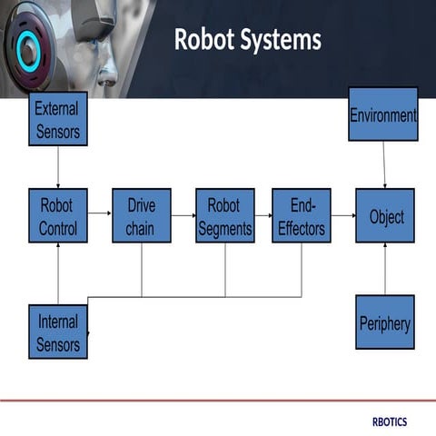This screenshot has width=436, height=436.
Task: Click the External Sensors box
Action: coord(58,119)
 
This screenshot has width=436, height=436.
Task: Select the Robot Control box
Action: coord(58,215)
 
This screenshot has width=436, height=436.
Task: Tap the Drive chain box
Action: coord(141,215)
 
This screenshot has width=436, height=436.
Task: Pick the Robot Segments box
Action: coord(224,215)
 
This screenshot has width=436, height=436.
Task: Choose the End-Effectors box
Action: coord(301,215)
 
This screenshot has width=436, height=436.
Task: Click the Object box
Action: coord(385,215)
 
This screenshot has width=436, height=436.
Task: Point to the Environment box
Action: coord(382,114)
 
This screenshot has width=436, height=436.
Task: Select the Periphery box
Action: coord(385,322)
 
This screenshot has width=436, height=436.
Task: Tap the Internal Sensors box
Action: coord(58,332)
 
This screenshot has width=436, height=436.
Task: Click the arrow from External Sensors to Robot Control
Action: coord(58,167)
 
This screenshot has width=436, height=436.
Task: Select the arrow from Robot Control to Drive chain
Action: coord(100,216)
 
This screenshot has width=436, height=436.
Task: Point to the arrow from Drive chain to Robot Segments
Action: coord(183,216)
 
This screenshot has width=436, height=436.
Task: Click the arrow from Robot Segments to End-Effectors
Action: coord(263,216)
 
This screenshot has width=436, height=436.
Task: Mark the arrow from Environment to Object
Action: coord(384,164)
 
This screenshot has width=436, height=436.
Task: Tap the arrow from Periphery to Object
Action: coord(385,269)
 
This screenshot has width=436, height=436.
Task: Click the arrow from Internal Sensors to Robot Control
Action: coord(58,273)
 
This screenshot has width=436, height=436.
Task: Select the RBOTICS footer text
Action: coord(390,422)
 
